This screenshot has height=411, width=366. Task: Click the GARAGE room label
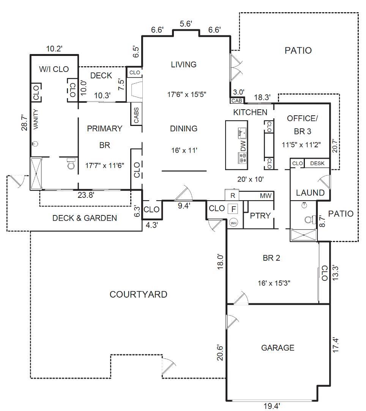[x=278, y=348]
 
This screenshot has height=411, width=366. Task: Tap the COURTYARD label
[x=138, y=294]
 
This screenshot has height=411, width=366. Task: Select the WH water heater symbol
[x=233, y=223]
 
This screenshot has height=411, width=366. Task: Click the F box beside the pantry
[x=233, y=209]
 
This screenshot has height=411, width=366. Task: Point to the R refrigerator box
[x=232, y=195]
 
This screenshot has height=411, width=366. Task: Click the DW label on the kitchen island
[x=243, y=146]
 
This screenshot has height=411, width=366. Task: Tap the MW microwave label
[x=266, y=196]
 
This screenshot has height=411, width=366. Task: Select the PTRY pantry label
[x=260, y=215]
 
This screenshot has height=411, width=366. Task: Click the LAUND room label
[x=310, y=193]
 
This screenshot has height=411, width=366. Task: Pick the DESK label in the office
[x=317, y=163]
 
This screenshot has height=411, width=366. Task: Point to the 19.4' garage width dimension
[x=271, y=406]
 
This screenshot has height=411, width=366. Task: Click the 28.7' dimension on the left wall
[x=24, y=123]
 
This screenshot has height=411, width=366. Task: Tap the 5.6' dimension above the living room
[x=186, y=24]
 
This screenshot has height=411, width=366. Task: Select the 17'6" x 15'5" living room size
[x=187, y=94]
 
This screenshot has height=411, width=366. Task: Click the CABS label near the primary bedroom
[x=136, y=115]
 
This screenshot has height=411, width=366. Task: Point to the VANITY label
[x=36, y=119]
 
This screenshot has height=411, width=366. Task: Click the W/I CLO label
[x=54, y=69]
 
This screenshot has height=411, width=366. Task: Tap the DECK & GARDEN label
[x=85, y=218]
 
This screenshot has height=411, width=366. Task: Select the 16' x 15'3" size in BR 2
[x=274, y=283]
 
